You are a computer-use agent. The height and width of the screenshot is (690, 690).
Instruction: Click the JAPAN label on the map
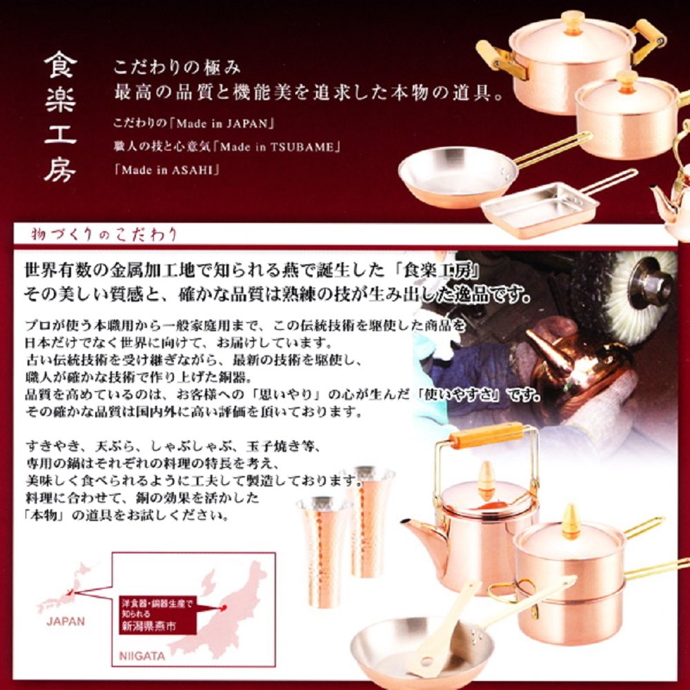point(66,621)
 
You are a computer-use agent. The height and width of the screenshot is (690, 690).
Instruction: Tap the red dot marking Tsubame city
point(224,608)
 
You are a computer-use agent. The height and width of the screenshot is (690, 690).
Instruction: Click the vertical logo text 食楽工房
point(61,118)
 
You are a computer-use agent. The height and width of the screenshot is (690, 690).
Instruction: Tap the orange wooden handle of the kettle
point(486,436)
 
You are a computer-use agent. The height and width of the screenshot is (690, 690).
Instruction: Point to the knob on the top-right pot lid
point(573,21)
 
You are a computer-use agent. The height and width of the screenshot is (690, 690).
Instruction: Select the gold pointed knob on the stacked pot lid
point(571,521)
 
